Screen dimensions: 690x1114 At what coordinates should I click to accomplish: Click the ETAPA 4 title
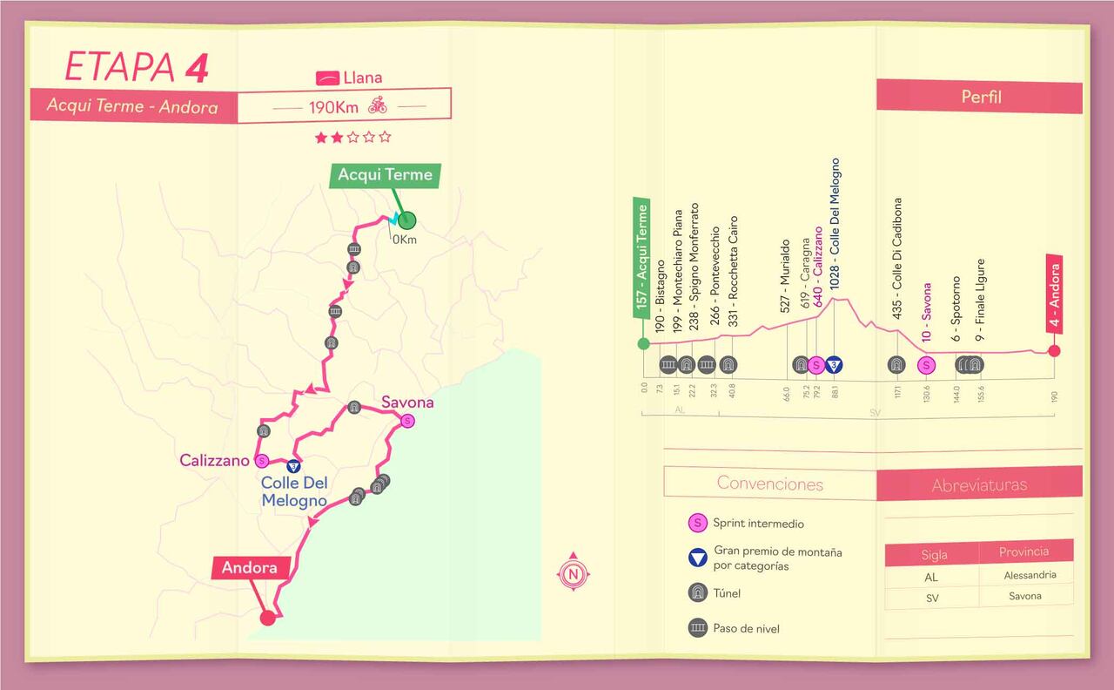click(137, 69)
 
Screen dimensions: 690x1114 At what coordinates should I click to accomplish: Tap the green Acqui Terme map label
click(385, 175)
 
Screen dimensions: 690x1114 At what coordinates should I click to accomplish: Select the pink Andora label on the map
click(249, 568)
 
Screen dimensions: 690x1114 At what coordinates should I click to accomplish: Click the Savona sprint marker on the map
click(407, 422)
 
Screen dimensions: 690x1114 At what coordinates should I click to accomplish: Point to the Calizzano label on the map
click(214, 461)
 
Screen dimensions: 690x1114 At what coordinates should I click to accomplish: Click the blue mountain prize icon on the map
click(294, 465)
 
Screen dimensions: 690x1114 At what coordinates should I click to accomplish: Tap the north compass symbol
click(573, 573)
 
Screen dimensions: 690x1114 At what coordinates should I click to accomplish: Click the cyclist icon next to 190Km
click(378, 106)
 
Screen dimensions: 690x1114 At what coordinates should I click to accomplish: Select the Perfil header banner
click(980, 97)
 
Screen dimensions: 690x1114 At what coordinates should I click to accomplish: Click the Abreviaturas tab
click(979, 484)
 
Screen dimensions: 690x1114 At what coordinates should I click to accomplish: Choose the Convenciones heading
click(769, 484)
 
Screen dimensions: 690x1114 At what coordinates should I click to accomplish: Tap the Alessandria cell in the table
click(1030, 575)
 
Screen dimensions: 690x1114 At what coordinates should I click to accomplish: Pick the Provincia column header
click(1024, 551)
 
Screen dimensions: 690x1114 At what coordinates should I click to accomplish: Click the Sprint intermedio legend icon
click(697, 524)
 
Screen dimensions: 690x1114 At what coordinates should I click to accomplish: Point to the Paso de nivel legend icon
click(697, 627)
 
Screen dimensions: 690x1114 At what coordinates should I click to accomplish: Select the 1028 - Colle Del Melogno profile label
click(835, 224)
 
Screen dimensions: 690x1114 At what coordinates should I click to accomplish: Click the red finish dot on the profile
click(1054, 351)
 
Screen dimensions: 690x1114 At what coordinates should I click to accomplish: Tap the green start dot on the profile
click(644, 343)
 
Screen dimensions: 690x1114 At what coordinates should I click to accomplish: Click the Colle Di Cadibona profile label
click(897, 244)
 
